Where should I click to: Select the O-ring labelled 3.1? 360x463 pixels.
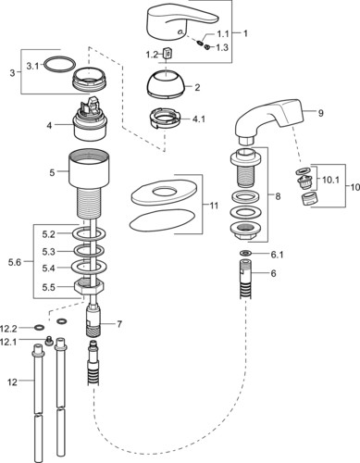tap(60, 65)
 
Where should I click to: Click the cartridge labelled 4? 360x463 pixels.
tap(89, 121)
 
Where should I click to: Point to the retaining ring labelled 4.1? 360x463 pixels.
tap(165, 118)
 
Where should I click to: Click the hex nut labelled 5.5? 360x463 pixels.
tap(89, 286)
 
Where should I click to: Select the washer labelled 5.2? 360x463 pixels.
tap(89, 233)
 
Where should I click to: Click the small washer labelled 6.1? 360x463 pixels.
tap(245, 253)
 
